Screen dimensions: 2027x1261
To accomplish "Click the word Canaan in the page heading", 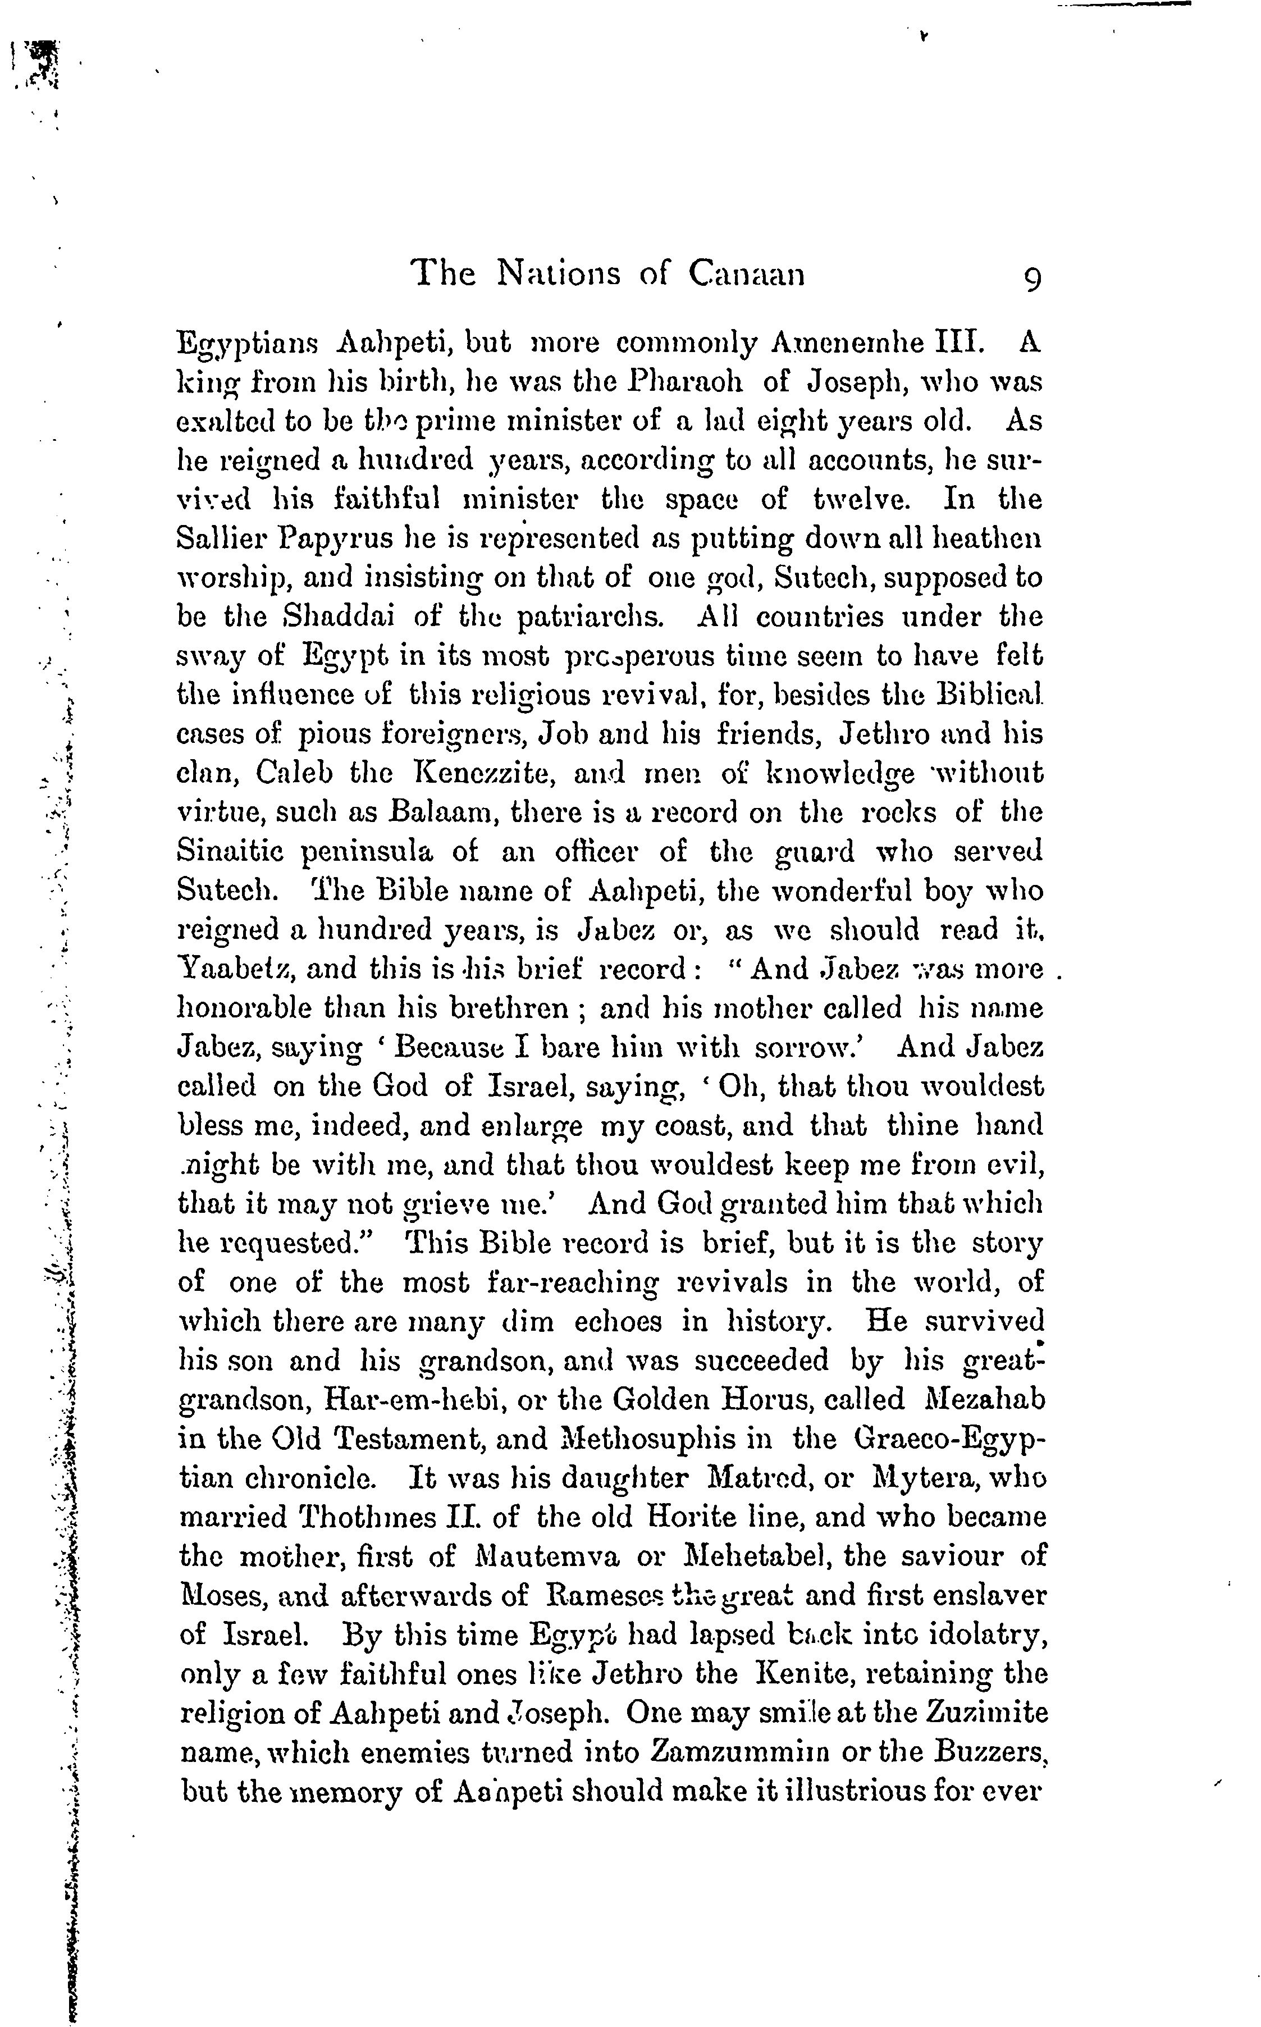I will (x=746, y=275).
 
